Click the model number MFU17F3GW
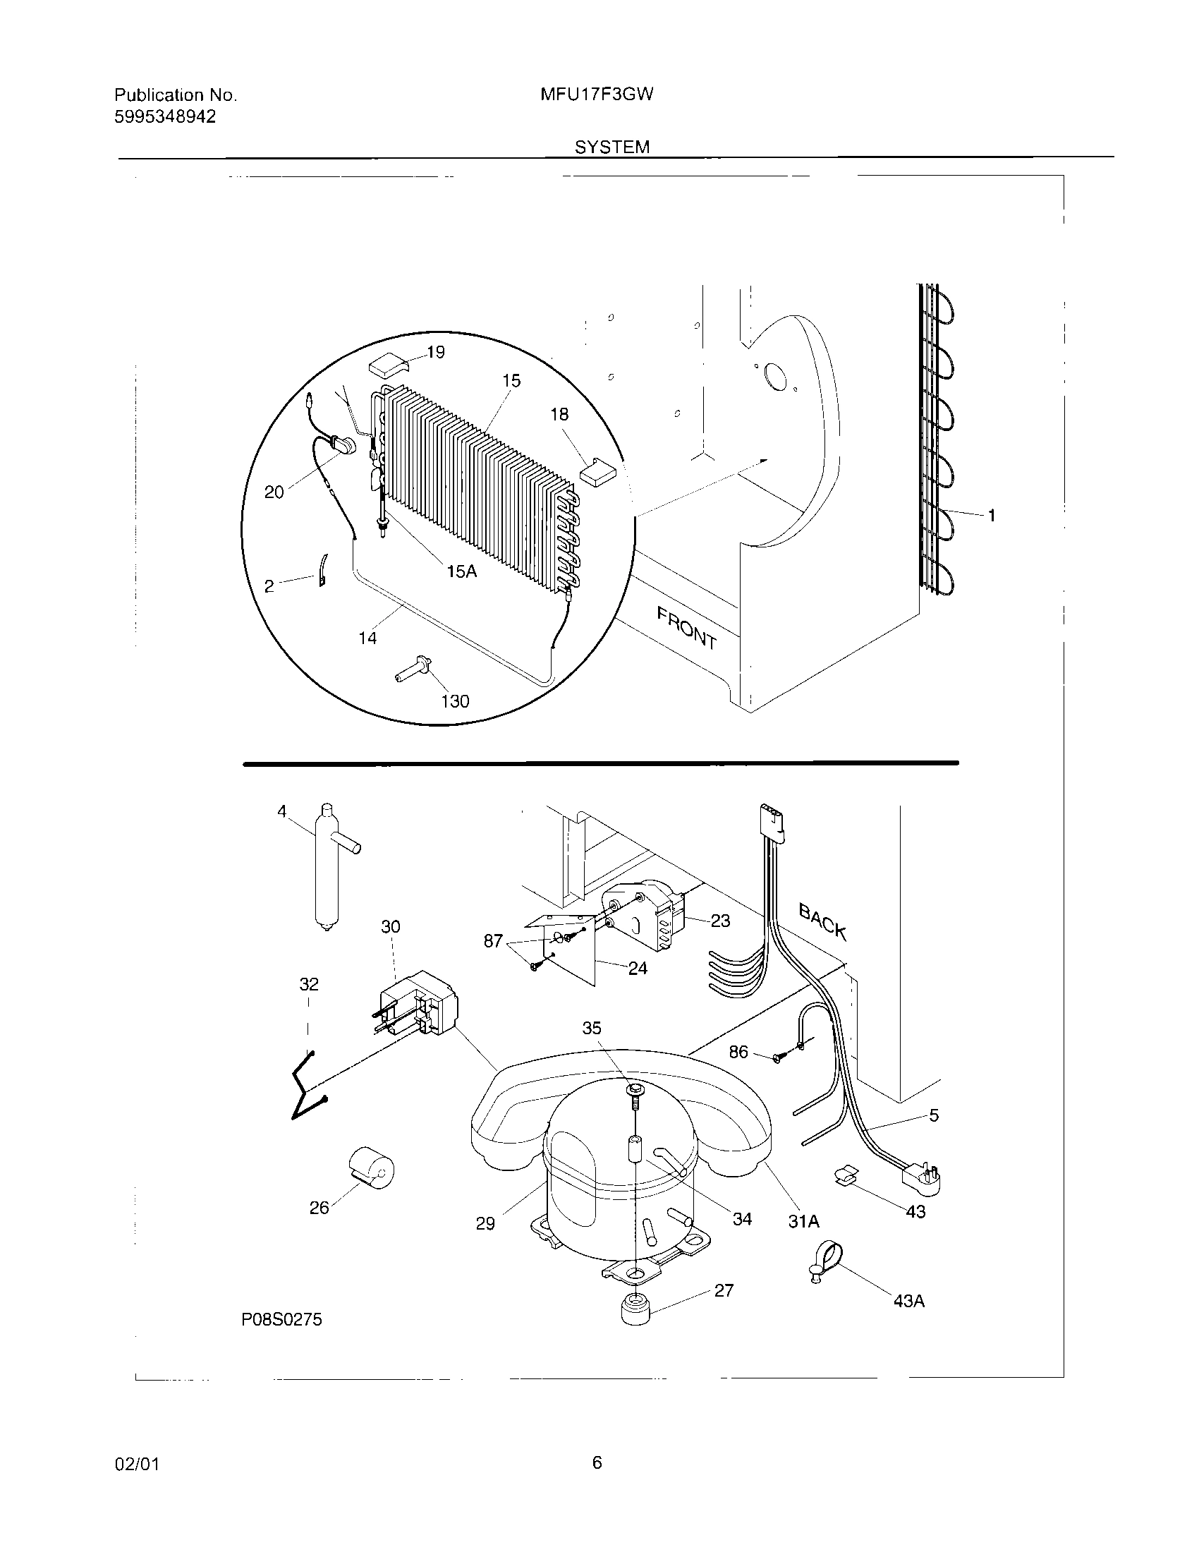(x=597, y=95)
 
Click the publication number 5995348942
(x=165, y=117)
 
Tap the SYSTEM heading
(x=611, y=147)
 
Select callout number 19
(x=435, y=353)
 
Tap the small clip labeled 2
(x=322, y=572)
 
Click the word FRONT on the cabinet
(x=686, y=628)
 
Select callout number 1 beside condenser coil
(x=992, y=516)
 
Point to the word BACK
(x=822, y=921)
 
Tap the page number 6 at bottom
(x=597, y=1462)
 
